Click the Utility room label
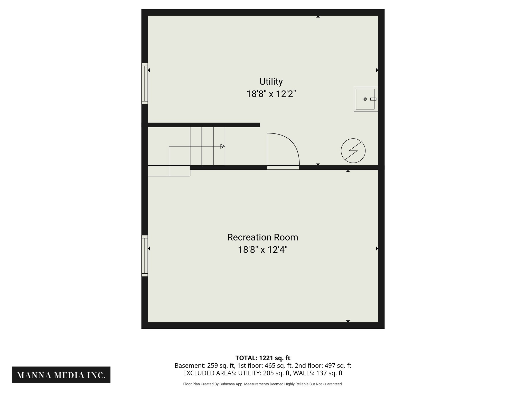[x=271, y=82]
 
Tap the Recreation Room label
[x=262, y=237]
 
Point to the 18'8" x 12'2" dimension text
[x=271, y=94]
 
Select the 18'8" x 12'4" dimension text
[x=262, y=250]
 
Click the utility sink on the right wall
[x=365, y=99]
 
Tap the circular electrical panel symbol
[x=353, y=151]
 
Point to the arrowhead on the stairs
[x=222, y=146]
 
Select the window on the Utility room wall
[x=145, y=84]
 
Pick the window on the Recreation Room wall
[x=145, y=256]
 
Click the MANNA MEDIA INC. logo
[x=61, y=375]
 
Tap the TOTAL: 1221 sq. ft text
[x=263, y=358]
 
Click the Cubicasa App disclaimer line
[x=263, y=384]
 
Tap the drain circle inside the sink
[x=365, y=99]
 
